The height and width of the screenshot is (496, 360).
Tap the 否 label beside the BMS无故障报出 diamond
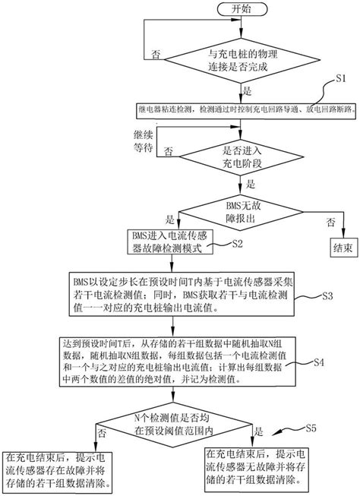[x=329, y=220]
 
